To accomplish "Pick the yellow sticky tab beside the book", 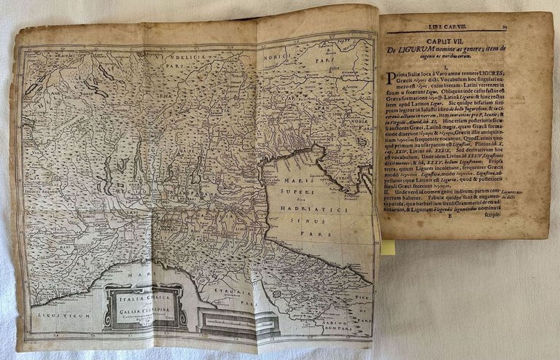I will click(388, 247).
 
